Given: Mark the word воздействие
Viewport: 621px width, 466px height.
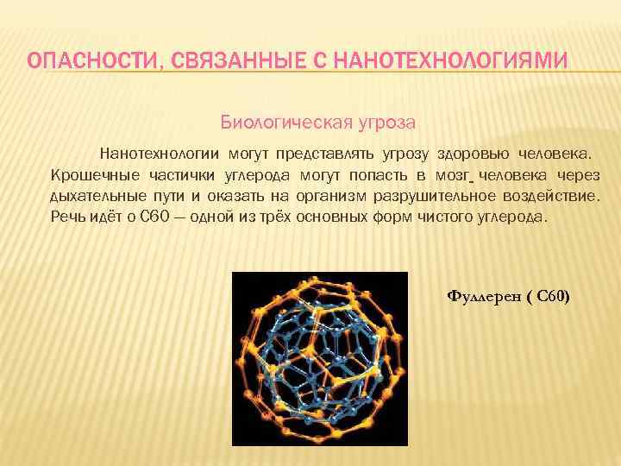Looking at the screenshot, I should pyautogui.click(x=553, y=195).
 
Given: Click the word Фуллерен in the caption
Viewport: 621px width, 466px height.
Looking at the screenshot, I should pyautogui.click(x=479, y=298).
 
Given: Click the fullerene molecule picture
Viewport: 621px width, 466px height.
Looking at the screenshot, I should pyautogui.click(x=320, y=359).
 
